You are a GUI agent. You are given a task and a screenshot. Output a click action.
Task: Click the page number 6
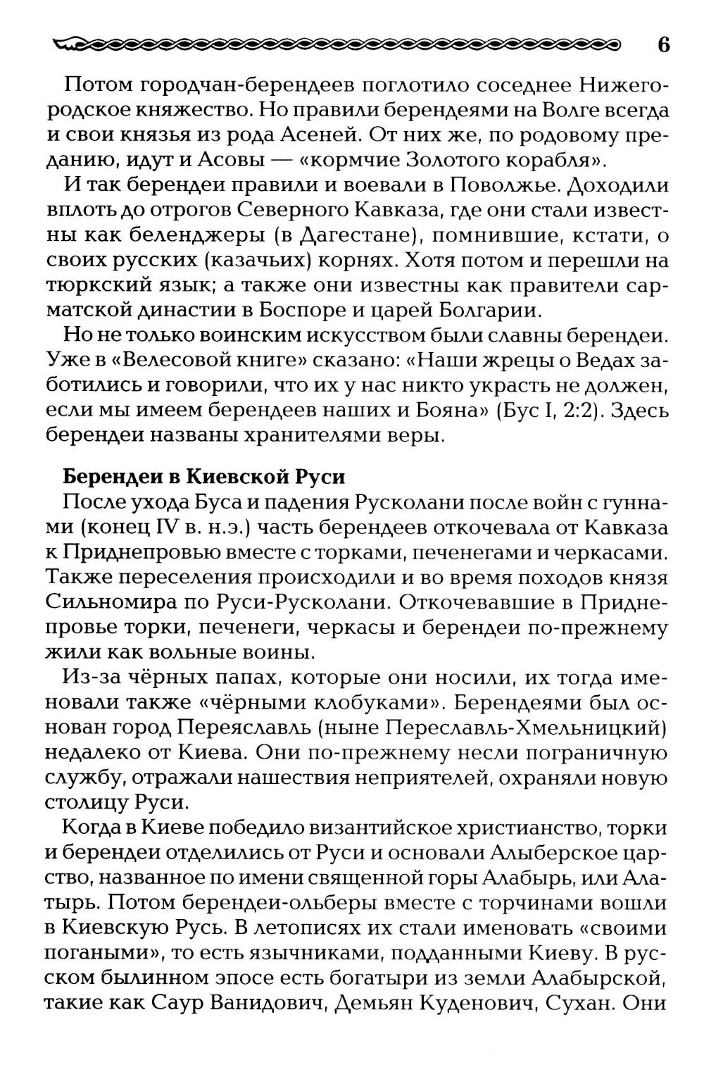pyautogui.click(x=662, y=45)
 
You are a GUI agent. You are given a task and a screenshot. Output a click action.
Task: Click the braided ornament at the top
pyautogui.click(x=338, y=46)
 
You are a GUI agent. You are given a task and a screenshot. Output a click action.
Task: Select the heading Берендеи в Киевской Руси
pyautogui.click(x=204, y=477)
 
